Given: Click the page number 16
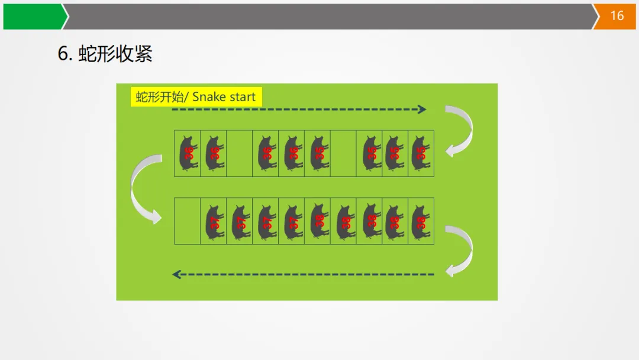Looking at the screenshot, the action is click(x=617, y=16).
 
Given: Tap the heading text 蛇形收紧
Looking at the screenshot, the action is click(x=116, y=54).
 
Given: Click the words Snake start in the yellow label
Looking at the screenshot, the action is click(x=224, y=97).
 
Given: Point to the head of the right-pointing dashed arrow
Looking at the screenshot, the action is click(x=422, y=109).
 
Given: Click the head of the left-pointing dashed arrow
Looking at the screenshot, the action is click(x=176, y=274).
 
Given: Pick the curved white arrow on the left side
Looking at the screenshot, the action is click(x=144, y=188).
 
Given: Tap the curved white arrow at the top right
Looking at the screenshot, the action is click(x=460, y=130).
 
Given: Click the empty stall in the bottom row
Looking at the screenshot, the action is click(x=188, y=221).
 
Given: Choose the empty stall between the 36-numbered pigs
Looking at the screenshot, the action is click(x=239, y=153).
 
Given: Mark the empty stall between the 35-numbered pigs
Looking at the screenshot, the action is click(x=343, y=153).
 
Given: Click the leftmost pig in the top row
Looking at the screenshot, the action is click(x=188, y=153).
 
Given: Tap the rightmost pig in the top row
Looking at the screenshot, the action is click(x=421, y=153).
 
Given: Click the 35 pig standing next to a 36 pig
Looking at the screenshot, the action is click(x=318, y=153).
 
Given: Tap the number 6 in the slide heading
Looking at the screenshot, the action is click(x=63, y=54).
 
